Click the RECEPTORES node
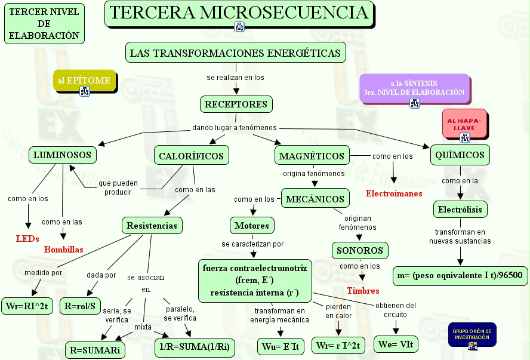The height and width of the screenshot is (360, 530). (236, 104)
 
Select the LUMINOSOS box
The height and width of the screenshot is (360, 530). (62, 155)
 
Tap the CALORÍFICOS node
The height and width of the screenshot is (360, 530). (192, 156)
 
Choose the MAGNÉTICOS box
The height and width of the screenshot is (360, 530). (312, 156)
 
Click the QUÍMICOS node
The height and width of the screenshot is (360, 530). (460, 155)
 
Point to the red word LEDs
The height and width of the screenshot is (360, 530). (27, 239)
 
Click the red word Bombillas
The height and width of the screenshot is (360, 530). (64, 250)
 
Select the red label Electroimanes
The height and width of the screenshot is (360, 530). (394, 193)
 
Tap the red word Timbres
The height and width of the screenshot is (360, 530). (363, 291)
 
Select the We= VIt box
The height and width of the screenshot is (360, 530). (395, 344)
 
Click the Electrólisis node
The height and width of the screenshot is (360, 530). (460, 210)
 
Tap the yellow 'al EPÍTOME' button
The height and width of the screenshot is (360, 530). (84, 81)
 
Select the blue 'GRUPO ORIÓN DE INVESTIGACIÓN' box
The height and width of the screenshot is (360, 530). (472, 335)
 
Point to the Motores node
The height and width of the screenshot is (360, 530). (252, 226)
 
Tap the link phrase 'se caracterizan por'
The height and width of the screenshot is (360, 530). (252, 244)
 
